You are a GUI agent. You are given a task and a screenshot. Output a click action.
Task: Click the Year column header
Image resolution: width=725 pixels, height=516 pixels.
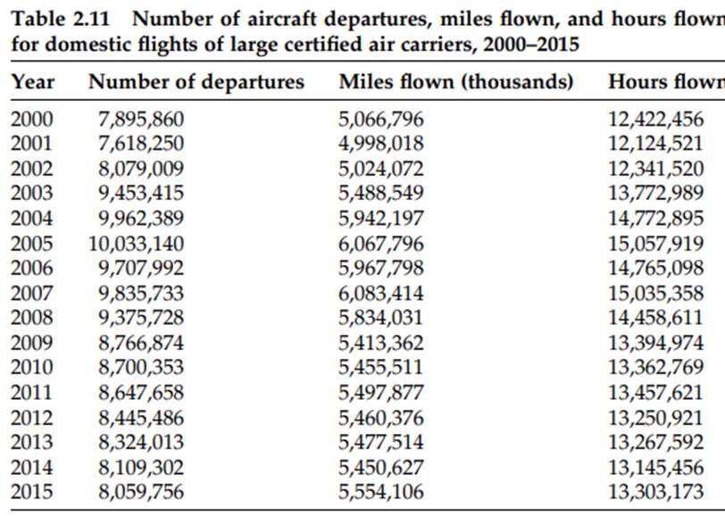(x=33, y=82)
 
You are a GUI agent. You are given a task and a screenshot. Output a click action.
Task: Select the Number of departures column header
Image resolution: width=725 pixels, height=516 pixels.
(x=196, y=82)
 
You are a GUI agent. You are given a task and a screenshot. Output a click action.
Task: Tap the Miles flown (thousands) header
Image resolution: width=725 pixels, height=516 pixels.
(x=455, y=82)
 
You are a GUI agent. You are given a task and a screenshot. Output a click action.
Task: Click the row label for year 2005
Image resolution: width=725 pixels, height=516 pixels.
(x=31, y=244)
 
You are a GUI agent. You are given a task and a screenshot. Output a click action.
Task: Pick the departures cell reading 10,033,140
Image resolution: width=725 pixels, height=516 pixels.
(x=134, y=244)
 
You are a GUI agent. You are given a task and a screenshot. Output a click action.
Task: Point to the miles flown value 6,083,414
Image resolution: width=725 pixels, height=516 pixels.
(x=381, y=293)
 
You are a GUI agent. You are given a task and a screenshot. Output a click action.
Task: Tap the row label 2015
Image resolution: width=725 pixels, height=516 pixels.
(x=31, y=491)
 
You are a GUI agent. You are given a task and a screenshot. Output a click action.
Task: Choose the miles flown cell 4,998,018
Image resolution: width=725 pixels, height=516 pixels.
(x=381, y=144)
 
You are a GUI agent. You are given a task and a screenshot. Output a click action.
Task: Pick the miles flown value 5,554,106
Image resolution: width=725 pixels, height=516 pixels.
(x=381, y=491)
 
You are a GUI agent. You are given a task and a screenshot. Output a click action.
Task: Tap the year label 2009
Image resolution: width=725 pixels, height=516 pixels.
(x=31, y=343)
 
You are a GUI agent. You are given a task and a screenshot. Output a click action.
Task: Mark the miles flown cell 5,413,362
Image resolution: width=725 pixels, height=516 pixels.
(x=381, y=343)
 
